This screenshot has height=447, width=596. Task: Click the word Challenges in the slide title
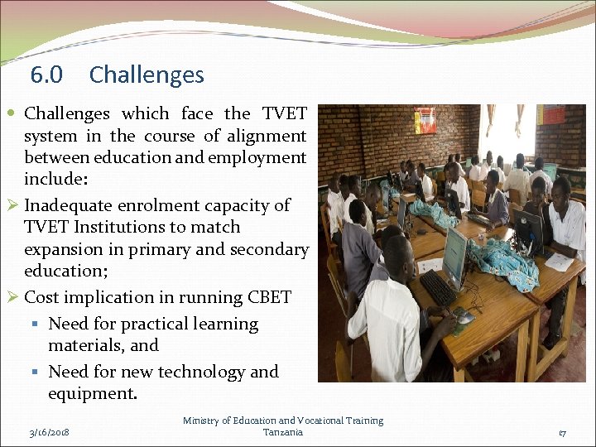click(147, 75)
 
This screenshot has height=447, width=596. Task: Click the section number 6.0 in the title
click(46, 75)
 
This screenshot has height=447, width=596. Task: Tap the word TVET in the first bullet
click(284, 113)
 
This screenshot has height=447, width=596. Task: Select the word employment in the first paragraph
click(258, 157)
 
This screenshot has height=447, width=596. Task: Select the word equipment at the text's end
click(91, 394)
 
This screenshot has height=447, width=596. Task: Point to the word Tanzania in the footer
click(283, 432)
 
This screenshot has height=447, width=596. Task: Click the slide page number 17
click(562, 432)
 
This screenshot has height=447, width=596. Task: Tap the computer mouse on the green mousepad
click(465, 317)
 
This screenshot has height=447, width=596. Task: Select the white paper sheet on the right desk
click(560, 261)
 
